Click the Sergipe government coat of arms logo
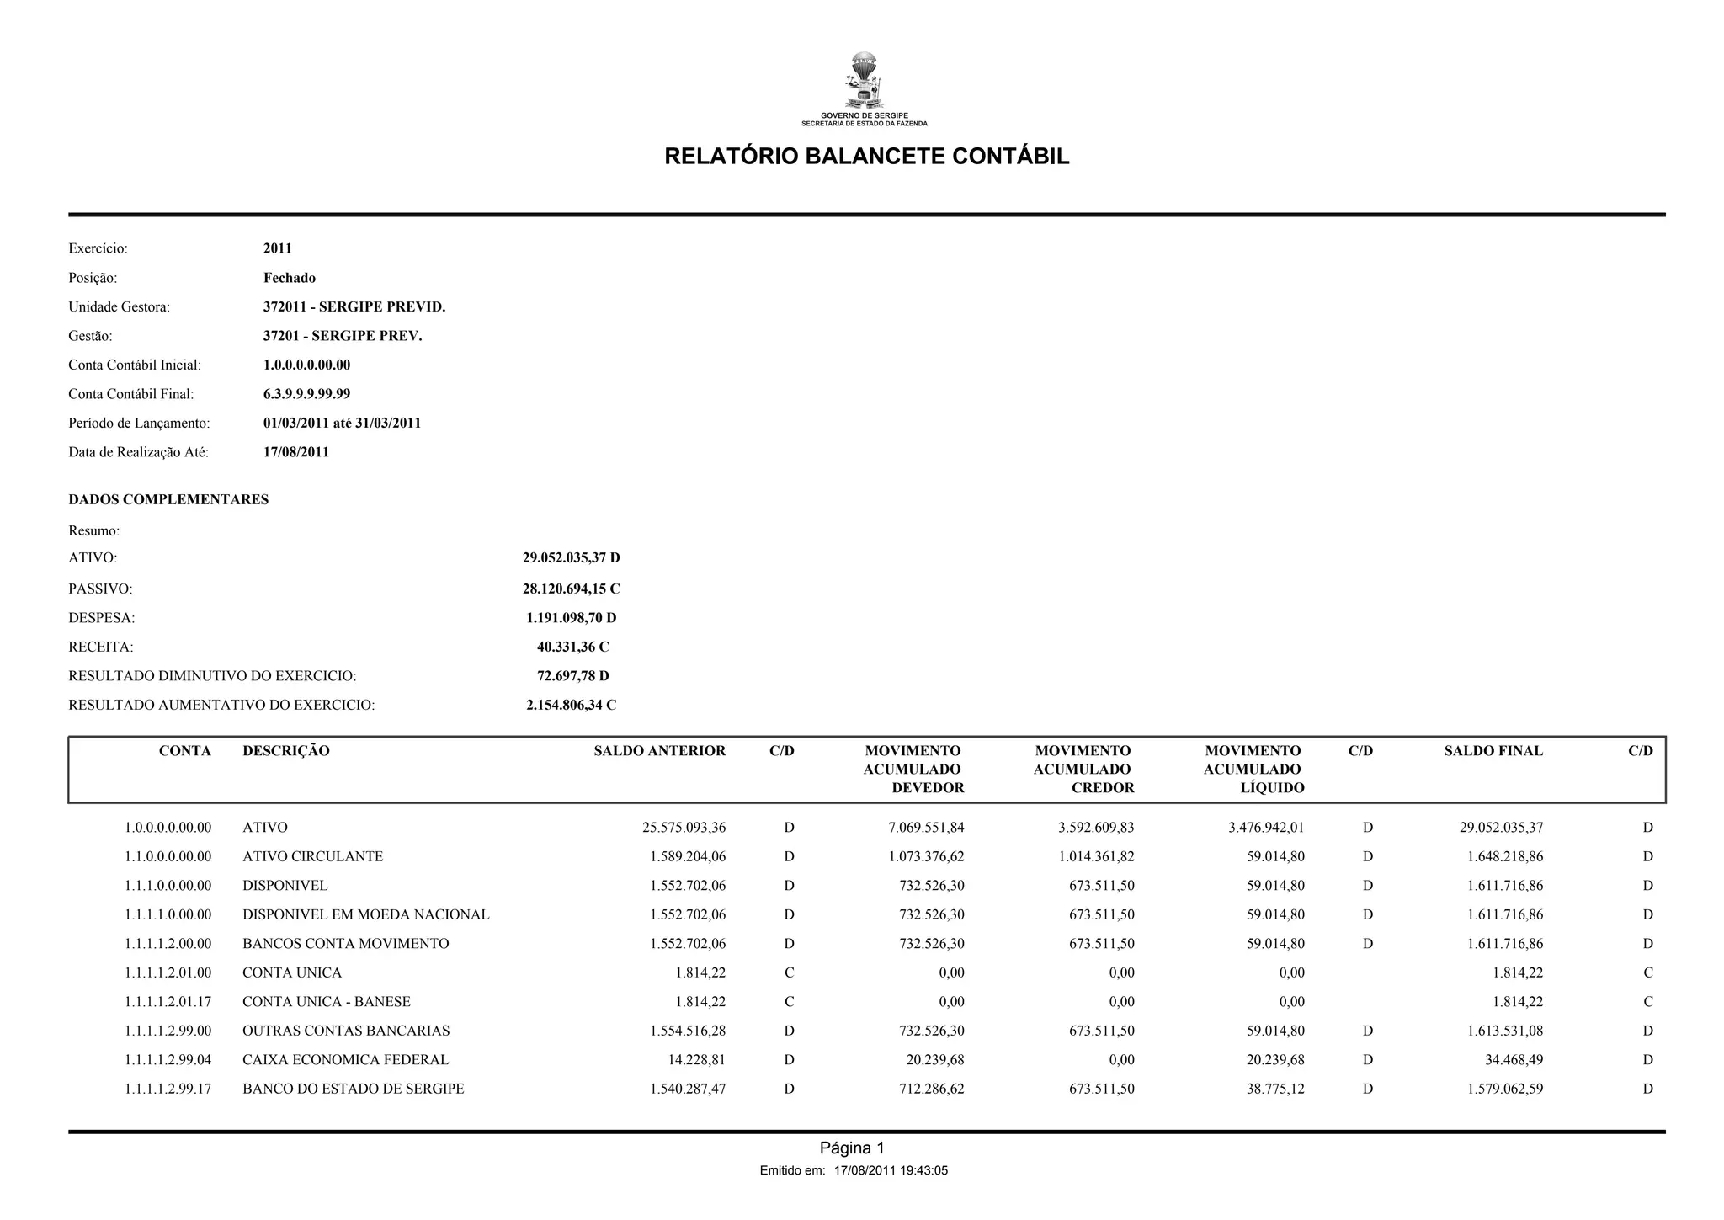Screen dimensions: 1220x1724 (864, 81)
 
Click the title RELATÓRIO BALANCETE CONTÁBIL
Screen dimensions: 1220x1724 (866, 157)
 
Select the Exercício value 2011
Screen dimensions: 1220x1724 (277, 248)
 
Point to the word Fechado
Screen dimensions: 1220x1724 (289, 278)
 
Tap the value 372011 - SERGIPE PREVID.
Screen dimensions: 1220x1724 (354, 307)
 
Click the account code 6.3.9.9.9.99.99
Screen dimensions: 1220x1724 (306, 394)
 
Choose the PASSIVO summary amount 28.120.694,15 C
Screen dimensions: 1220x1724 (571, 589)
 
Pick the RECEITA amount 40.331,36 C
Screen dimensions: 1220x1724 (572, 647)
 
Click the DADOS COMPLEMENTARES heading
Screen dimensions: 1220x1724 (168, 499)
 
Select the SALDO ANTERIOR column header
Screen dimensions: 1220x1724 (659, 751)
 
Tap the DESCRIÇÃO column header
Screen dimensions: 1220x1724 (285, 751)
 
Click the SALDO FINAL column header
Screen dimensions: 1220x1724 (1493, 751)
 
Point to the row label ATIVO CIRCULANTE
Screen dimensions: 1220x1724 (312, 856)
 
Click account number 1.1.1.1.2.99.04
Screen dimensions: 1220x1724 (168, 1059)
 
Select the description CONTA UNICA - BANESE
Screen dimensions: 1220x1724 (326, 1001)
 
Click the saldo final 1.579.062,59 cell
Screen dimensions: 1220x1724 (1504, 1089)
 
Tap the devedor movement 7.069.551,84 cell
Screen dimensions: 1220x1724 (926, 828)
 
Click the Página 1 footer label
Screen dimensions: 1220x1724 (852, 1148)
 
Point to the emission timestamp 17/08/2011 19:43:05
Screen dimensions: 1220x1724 (891, 1170)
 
